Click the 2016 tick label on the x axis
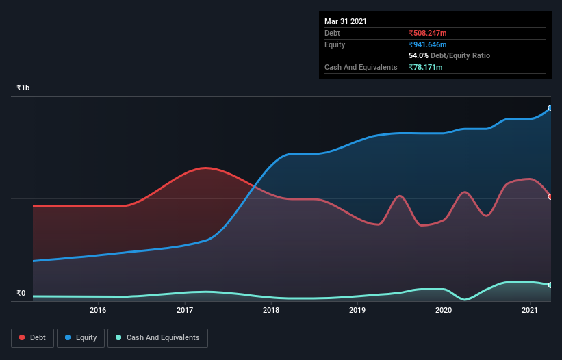(98, 311)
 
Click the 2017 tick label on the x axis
(185, 311)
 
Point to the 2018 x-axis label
(271, 311)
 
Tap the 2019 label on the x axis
(357, 311)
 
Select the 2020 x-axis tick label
(444, 311)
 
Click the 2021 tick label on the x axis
(530, 311)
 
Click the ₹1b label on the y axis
(23, 88)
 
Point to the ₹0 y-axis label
(21, 294)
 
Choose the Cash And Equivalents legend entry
(157, 337)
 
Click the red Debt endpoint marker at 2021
(550, 197)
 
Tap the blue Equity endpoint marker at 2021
(550, 108)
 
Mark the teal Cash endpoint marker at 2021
(550, 285)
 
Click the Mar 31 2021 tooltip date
(346, 21)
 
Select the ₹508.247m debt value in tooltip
(427, 33)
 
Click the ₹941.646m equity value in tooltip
(427, 44)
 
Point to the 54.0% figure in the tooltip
(418, 55)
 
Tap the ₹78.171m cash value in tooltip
(426, 67)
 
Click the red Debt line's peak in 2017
(205, 168)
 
